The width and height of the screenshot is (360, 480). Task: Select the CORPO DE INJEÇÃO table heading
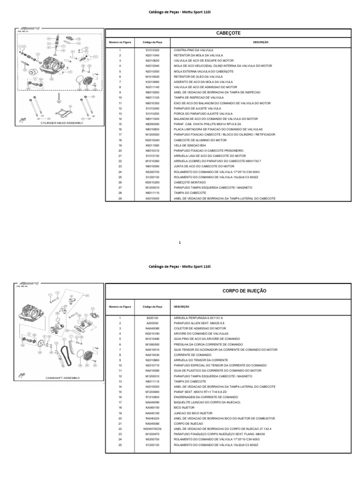click(x=244, y=291)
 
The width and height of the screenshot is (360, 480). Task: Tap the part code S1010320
click(x=153, y=50)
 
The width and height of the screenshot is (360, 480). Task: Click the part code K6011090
click(x=153, y=145)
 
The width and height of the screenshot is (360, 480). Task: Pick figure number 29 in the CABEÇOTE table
click(x=120, y=198)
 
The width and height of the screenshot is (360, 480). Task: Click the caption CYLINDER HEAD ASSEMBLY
click(x=62, y=123)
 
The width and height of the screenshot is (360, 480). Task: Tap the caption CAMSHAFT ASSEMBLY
click(x=63, y=378)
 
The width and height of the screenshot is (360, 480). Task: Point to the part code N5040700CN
click(x=153, y=429)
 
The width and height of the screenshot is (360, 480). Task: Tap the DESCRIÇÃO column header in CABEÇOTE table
click(x=261, y=42)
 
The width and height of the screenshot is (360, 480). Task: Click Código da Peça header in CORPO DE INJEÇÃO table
click(x=153, y=307)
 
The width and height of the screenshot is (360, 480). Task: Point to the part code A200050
click(x=153, y=323)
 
